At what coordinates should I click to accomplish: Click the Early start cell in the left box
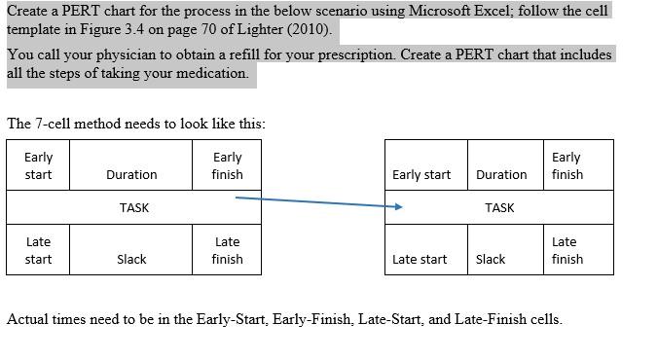38,165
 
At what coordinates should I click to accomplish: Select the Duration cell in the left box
131,175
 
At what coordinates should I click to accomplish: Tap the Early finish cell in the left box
227,165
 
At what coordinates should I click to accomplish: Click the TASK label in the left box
133,207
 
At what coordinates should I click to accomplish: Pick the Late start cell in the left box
38,250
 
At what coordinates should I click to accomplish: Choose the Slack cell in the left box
131,259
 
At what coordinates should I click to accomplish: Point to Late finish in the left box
227,250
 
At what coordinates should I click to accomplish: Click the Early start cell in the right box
421,175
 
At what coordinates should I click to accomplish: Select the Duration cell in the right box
501,175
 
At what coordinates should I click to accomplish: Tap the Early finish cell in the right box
567,165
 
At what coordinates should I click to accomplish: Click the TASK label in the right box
499,207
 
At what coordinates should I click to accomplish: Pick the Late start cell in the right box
420,259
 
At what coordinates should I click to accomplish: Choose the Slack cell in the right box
491,259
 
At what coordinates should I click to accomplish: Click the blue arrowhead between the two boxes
398,206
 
